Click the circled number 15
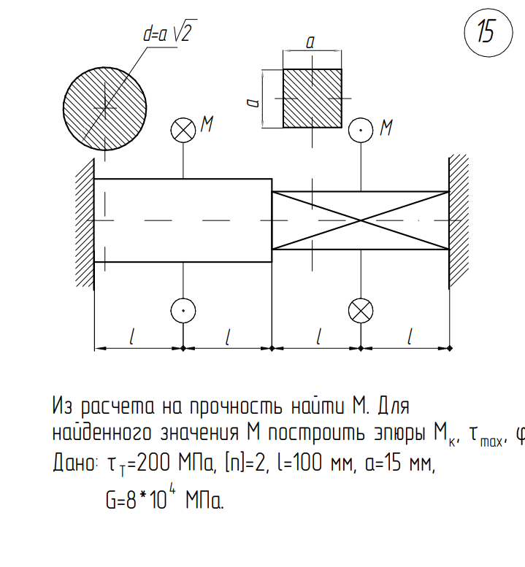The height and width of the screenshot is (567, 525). point(488,33)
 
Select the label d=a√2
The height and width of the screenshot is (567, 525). point(170,31)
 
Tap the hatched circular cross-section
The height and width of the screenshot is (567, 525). point(105,109)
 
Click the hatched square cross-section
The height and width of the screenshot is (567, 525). point(313,99)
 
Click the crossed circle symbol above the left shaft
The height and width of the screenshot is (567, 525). point(183,130)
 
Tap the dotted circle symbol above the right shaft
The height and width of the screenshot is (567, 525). point(361,130)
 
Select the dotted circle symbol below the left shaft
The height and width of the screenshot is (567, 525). point(183,311)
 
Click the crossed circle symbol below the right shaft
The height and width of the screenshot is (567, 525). point(361,311)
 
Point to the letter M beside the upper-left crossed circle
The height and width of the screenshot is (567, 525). point(207,124)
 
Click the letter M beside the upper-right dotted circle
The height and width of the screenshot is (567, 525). point(386,128)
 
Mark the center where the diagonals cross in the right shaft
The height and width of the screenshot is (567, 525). point(361,220)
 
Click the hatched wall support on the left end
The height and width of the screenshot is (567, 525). point(85,224)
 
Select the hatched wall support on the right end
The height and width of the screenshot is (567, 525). point(459,221)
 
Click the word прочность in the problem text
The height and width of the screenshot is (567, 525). point(236,406)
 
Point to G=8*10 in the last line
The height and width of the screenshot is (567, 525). point(137,501)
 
